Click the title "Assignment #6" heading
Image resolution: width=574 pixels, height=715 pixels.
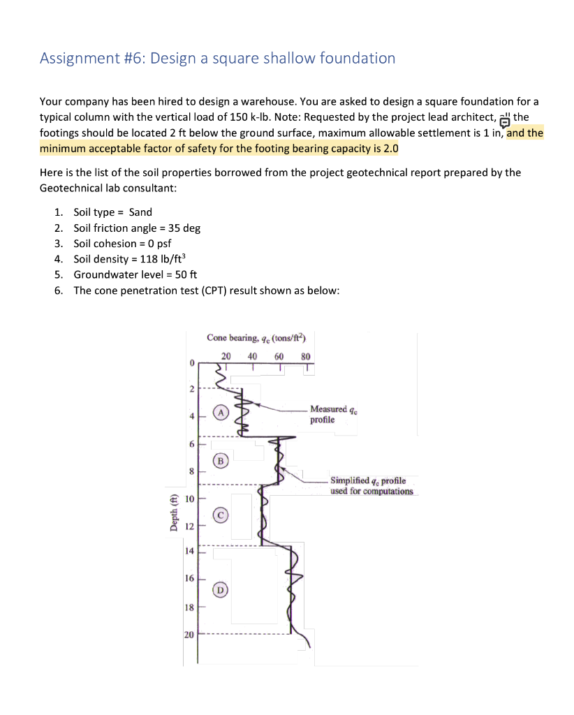coord(217,59)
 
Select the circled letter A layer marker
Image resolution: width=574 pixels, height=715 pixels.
coord(221,412)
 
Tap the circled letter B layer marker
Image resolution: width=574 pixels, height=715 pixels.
coord(221,460)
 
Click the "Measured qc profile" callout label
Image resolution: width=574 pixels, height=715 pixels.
coord(328,414)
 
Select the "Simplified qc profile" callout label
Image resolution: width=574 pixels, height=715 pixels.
coord(371,486)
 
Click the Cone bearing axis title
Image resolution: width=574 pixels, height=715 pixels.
coord(256,338)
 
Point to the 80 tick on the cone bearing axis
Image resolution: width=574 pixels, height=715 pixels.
coord(305,356)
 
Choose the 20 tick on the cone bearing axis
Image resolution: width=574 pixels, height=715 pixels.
coord(226,356)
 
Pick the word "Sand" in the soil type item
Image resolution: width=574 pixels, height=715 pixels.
coord(140,212)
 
